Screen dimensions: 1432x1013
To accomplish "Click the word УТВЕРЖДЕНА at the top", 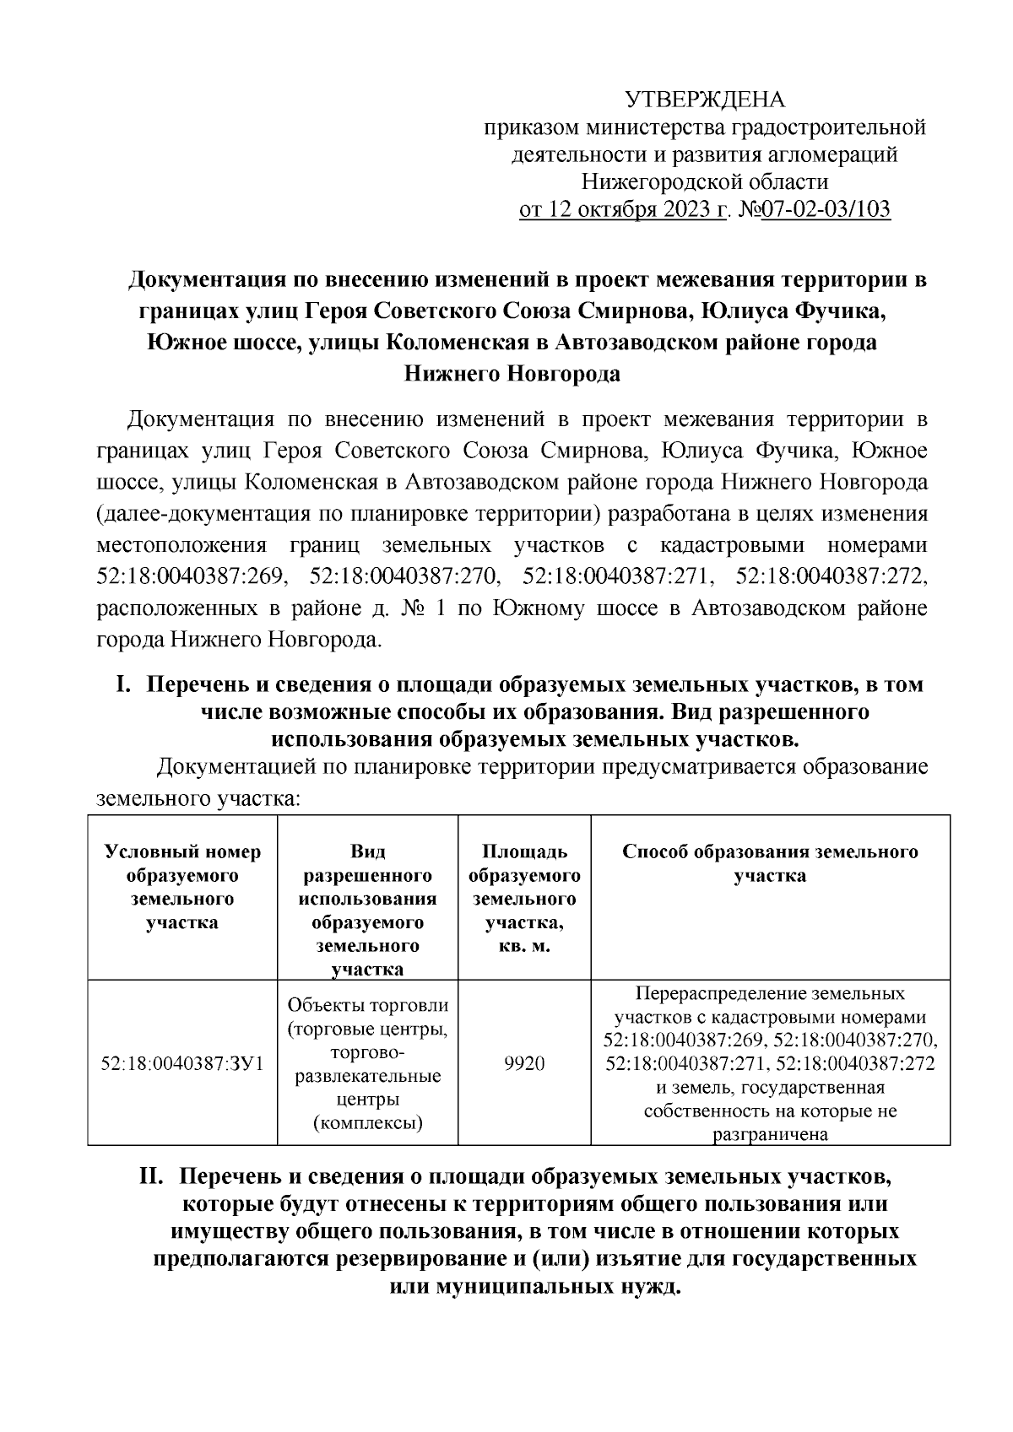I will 705,100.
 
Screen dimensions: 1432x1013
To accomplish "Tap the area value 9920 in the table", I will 524,1063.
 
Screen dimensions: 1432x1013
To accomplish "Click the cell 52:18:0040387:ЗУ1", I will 182,1063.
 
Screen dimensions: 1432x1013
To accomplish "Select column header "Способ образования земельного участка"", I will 770,863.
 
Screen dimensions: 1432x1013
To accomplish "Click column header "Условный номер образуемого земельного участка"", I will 182,887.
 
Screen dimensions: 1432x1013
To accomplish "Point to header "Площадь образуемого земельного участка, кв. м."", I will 524,899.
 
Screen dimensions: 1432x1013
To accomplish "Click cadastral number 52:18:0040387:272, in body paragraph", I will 832,576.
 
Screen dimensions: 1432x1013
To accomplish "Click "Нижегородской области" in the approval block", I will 705,181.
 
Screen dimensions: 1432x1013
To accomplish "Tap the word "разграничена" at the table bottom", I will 769,1135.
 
